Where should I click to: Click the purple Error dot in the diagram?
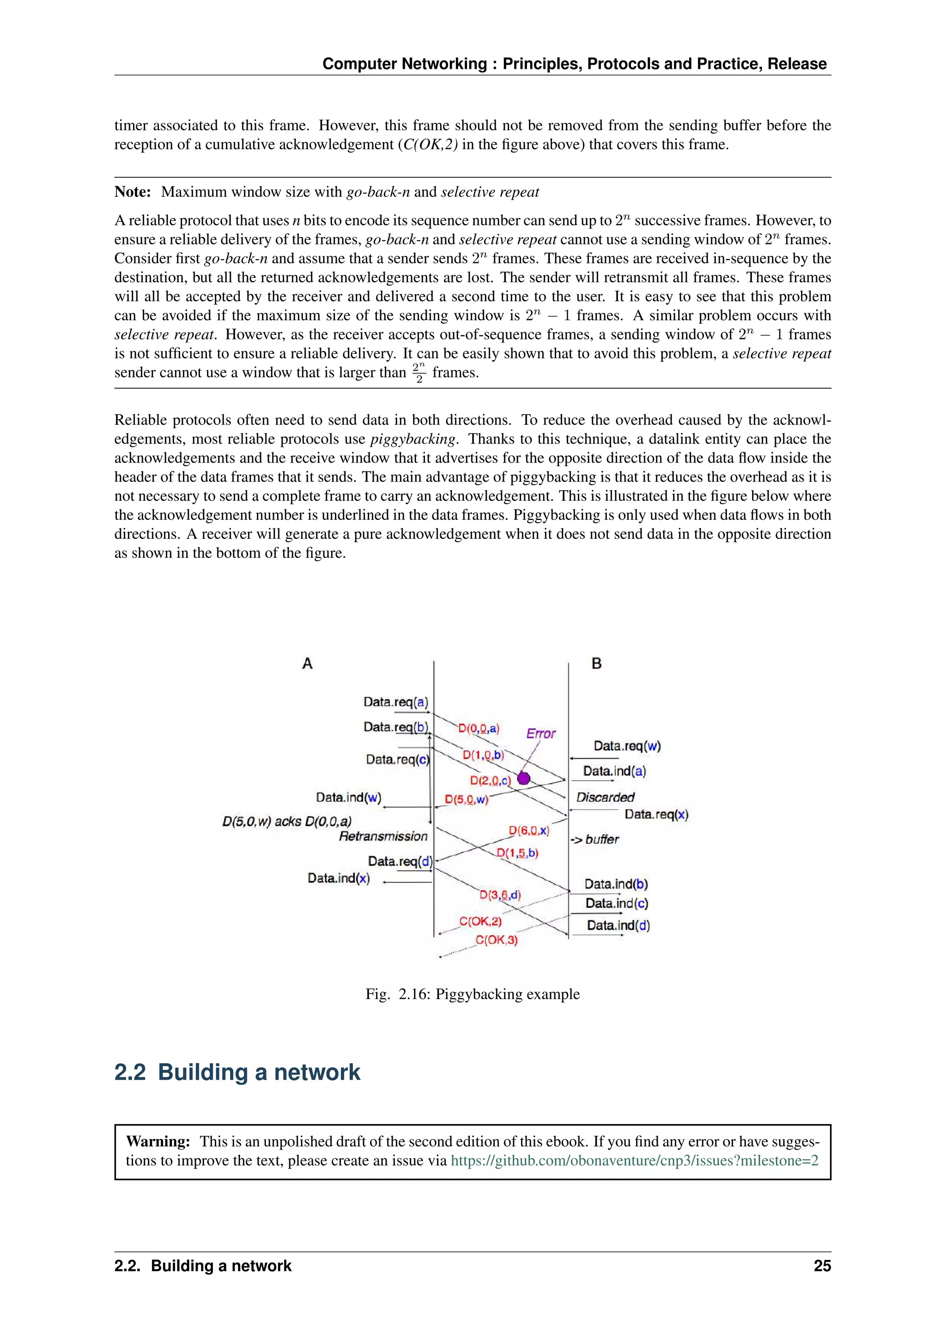pyautogui.click(x=524, y=778)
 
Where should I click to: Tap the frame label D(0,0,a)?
pyautogui.click(x=479, y=729)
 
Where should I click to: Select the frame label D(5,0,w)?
pyautogui.click(x=467, y=800)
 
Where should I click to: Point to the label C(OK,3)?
pyautogui.click(x=496, y=940)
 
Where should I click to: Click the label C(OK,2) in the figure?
pyautogui.click(x=480, y=921)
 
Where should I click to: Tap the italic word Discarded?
pyautogui.click(x=605, y=797)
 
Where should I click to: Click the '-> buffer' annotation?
pyautogui.click(x=594, y=839)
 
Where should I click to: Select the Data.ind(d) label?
pyautogui.click(x=618, y=925)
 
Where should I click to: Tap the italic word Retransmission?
pyautogui.click(x=383, y=836)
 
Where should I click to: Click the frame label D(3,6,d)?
pyautogui.click(x=500, y=894)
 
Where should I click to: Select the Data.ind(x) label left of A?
pyautogui.click(x=339, y=878)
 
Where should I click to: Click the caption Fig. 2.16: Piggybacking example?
pyautogui.click(x=473, y=994)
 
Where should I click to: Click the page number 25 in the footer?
pyautogui.click(x=822, y=1266)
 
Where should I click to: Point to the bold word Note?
pyautogui.click(x=133, y=192)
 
